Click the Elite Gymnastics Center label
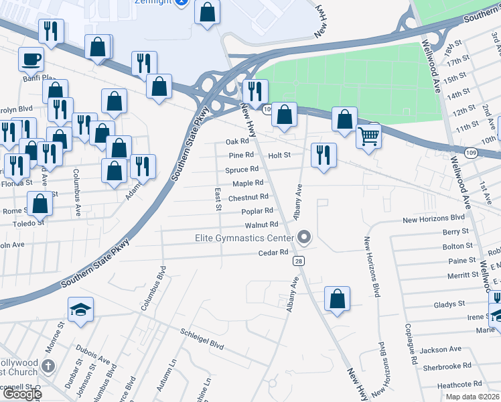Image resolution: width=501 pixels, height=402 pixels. [244, 238]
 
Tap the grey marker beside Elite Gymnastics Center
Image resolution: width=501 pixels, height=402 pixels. [305, 237]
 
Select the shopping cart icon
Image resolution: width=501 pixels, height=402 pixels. [368, 136]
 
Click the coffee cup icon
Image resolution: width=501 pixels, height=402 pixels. [31, 59]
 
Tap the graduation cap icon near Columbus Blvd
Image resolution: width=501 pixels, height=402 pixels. [81, 309]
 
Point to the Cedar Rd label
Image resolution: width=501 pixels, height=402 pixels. [273, 253]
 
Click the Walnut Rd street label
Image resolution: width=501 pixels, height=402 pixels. [261, 225]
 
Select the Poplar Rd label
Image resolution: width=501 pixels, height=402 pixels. [257, 211]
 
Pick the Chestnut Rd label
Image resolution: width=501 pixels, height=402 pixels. [248, 198]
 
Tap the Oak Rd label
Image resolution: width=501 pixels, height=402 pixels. [237, 141]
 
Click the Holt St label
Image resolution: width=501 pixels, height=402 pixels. [279, 155]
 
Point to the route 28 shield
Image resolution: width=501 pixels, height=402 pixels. [298, 261]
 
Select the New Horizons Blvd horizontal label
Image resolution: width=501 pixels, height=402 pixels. [433, 218]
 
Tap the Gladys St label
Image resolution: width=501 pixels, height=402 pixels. [449, 304]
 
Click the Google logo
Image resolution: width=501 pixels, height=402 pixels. [21, 394]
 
